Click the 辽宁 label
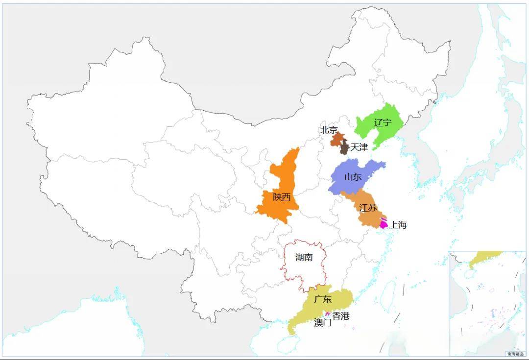tap(383, 122)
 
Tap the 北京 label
tap(329, 130)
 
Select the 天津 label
tap(359, 147)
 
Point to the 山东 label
tap(353, 177)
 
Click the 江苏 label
tap(368, 208)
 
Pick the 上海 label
tap(398, 225)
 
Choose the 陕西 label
tap(282, 197)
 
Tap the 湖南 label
tap(304, 258)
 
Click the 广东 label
tap(323, 299)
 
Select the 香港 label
tap(341, 316)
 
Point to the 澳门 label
tap(323, 323)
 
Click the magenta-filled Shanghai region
tap(384, 225)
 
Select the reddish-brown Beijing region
tap(337, 139)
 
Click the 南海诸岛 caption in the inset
tap(515, 353)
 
